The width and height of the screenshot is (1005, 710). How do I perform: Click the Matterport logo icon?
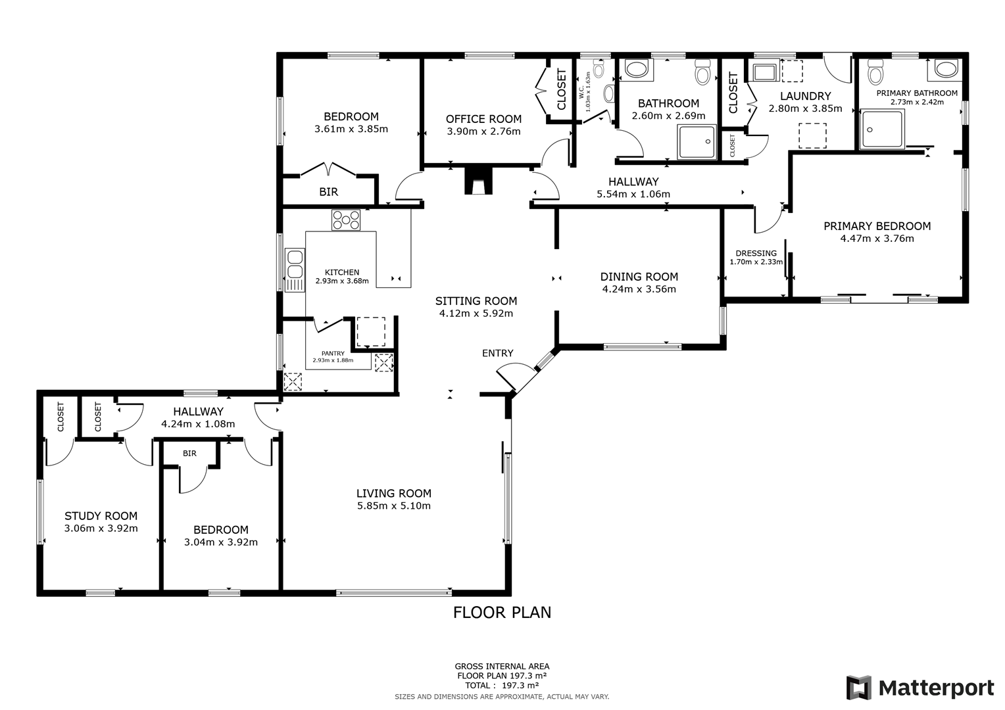(859, 687)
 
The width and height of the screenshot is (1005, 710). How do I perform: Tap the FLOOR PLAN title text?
(502, 612)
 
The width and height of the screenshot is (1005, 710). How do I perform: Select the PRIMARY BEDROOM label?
(877, 226)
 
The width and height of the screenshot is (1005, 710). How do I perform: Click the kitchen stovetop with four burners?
(345, 220)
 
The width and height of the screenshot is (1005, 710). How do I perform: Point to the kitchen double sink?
(295, 270)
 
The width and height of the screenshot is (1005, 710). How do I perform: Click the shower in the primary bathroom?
(882, 129)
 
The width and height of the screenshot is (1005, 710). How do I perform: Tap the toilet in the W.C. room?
(599, 68)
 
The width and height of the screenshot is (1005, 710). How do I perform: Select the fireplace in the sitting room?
(478, 180)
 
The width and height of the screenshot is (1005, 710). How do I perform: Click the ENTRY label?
(497, 354)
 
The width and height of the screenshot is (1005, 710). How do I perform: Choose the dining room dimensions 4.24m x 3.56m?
(639, 289)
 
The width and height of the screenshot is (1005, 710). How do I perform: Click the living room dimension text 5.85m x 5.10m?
(393, 506)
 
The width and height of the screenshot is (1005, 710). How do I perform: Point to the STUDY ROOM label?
(101, 516)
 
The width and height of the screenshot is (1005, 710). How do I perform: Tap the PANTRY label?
(333, 354)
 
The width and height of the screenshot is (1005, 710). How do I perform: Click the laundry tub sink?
(765, 72)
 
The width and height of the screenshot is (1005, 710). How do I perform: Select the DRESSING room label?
(756, 253)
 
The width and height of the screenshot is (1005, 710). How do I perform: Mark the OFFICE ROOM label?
(483, 119)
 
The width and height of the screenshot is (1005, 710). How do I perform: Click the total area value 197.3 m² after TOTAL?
(520, 685)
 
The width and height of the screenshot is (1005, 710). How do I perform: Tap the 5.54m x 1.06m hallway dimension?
(633, 194)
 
